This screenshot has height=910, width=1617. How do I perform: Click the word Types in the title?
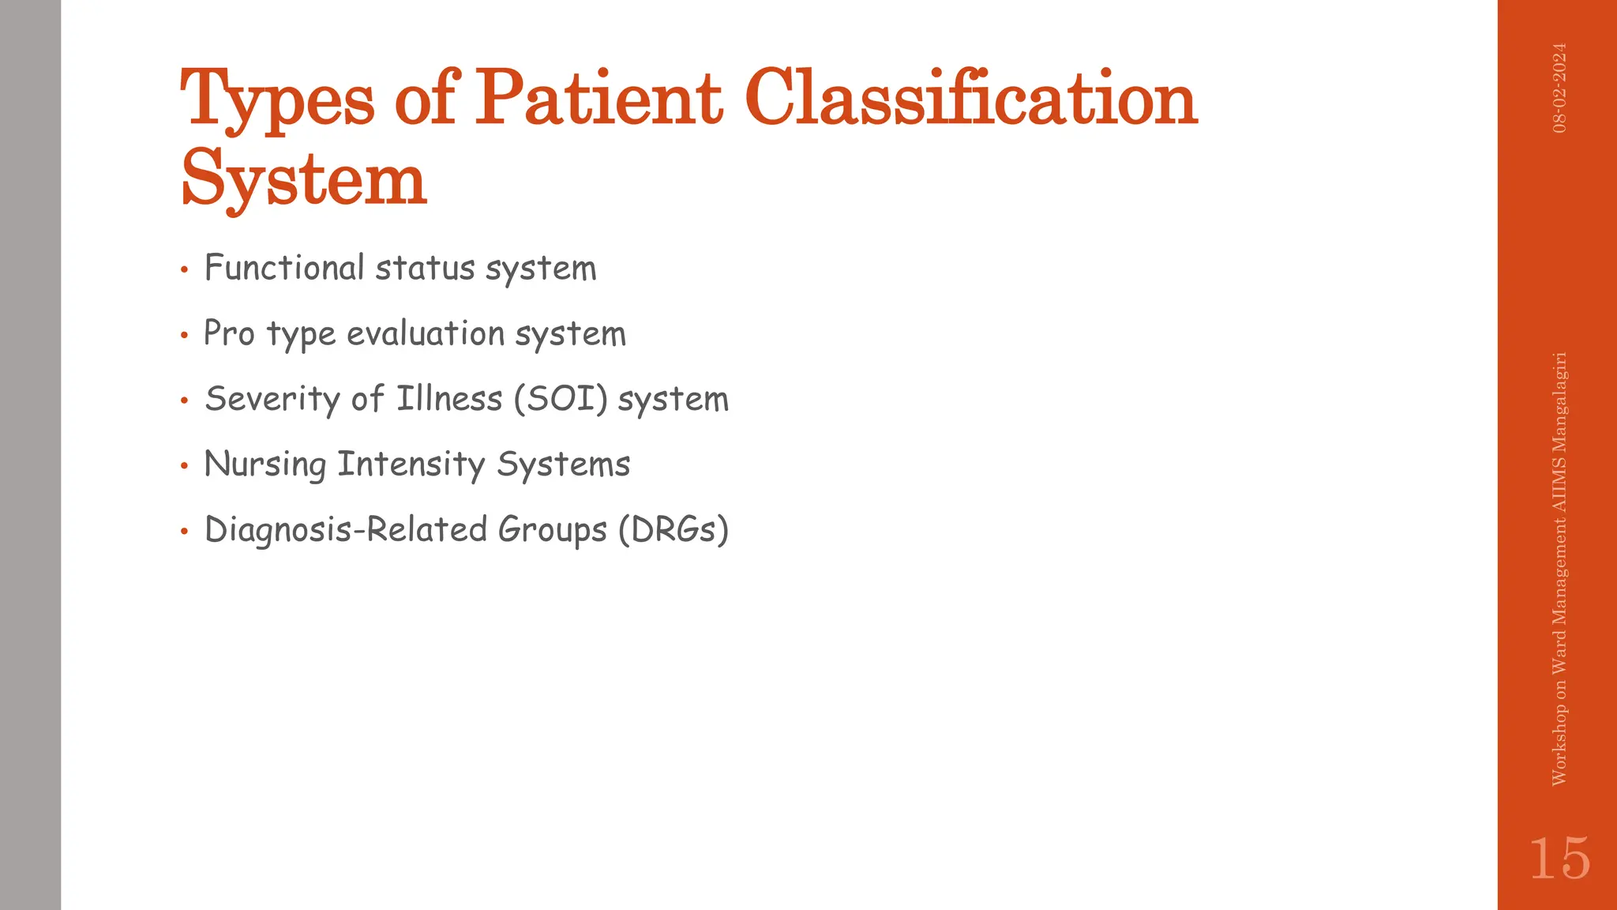tap(277, 100)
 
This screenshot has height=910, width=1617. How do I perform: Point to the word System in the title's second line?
tap(304, 180)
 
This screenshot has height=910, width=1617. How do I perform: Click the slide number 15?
tap(1559, 859)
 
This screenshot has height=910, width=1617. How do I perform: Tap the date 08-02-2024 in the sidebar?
tap(1559, 88)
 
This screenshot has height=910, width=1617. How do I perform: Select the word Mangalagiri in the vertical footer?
tap(1559, 412)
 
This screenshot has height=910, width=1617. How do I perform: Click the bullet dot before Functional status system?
tap(184, 271)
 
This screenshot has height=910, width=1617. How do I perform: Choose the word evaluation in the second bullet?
tap(426, 333)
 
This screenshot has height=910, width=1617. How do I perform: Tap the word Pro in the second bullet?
tap(229, 333)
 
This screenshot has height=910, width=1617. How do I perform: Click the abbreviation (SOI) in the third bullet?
tap(561, 398)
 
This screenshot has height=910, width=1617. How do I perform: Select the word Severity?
tap(272, 398)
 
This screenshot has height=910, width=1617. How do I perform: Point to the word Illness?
tap(448, 398)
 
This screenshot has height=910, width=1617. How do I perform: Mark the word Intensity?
tap(411, 464)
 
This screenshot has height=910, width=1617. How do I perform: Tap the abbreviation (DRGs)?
tap(673, 529)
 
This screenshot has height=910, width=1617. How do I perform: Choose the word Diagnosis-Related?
tap(346, 529)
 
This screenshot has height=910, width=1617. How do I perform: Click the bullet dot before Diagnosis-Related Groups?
tap(184, 532)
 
